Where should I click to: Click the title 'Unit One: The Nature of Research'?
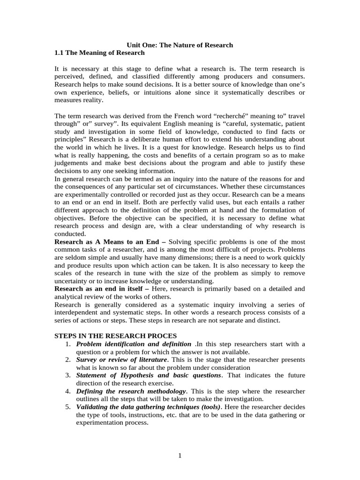(x=180, y=45)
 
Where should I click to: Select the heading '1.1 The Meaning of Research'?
(x=100, y=53)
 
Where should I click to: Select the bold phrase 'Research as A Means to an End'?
(x=107, y=241)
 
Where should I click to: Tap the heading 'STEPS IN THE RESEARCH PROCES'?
(x=116, y=336)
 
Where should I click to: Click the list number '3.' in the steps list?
(x=68, y=375)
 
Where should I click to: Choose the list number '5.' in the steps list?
(x=68, y=407)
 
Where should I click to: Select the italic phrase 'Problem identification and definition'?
(x=134, y=344)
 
